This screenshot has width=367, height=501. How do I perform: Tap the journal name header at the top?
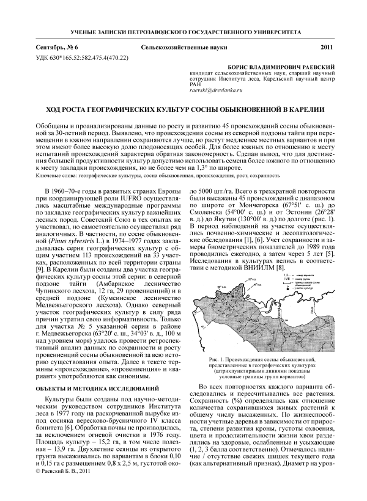[183, 31]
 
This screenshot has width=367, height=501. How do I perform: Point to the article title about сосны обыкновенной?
[183, 108]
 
